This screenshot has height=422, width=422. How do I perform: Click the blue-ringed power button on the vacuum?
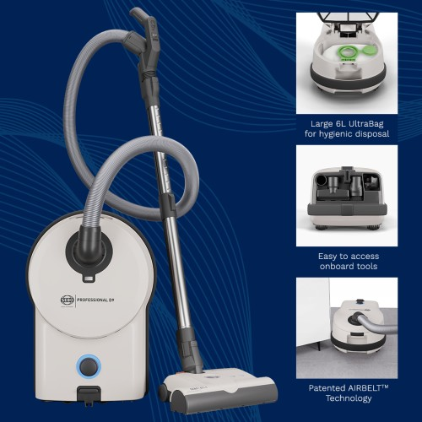(x=89, y=367)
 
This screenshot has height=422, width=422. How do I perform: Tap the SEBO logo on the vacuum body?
(x=68, y=300)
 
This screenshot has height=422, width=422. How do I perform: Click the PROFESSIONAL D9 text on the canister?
(x=95, y=300)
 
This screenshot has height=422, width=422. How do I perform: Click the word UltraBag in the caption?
(x=366, y=124)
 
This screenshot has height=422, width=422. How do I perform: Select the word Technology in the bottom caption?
(x=349, y=398)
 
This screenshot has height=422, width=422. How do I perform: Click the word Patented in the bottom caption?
(x=327, y=388)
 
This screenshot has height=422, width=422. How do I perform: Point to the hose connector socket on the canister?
(x=89, y=249)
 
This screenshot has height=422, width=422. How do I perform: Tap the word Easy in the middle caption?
(x=327, y=257)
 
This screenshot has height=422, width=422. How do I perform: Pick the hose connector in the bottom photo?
(x=355, y=319)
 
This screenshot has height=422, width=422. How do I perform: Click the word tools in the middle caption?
(x=366, y=266)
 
